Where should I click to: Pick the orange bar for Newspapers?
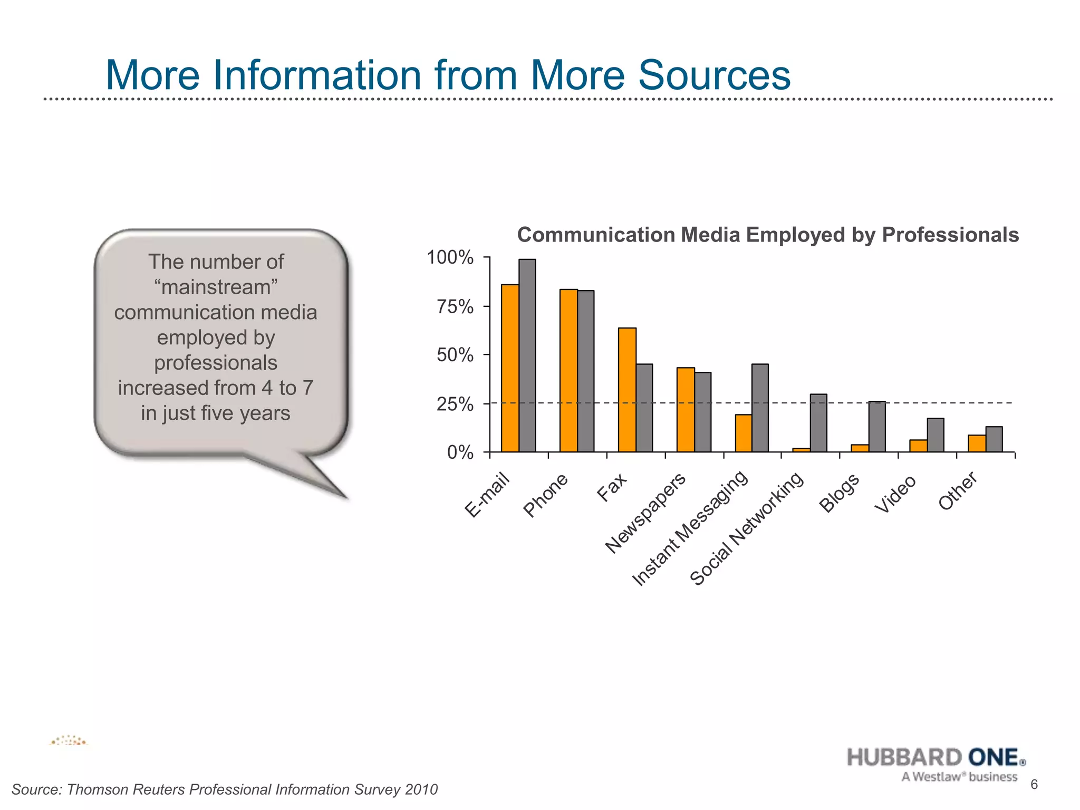coord(686,410)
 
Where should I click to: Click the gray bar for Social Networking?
coord(818,423)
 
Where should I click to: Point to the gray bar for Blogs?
coord(877,427)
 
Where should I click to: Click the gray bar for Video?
coord(936,435)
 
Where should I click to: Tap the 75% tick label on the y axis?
coord(455,307)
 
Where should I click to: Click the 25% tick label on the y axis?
coord(455,404)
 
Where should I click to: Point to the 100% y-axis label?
coord(450,258)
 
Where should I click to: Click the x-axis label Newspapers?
coord(645,513)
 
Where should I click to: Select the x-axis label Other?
coord(958,491)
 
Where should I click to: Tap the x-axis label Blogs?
coord(839,493)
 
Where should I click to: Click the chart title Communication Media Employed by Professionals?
coord(767,235)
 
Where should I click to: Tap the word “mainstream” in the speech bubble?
coord(216,287)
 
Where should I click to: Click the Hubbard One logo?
coord(937,764)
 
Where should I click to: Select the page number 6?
coord(1034,785)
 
